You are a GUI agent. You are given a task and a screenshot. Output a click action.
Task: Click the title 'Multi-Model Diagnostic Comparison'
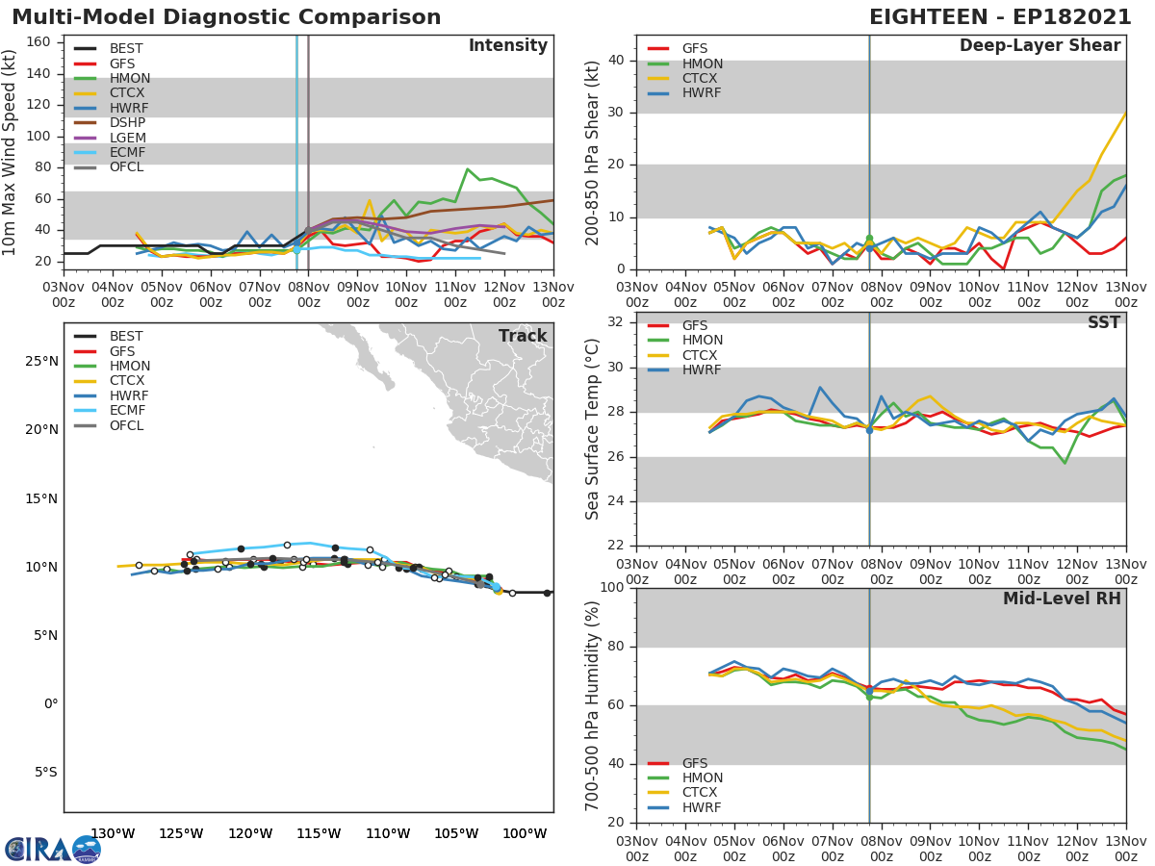[x=226, y=17]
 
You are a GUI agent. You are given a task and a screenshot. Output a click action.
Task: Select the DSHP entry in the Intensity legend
[x=127, y=123]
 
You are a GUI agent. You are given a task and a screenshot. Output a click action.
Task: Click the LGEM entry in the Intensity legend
[x=127, y=138]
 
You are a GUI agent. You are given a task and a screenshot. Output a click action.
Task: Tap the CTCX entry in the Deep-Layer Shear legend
[x=702, y=78]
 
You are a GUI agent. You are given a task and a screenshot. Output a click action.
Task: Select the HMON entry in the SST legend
[x=702, y=341]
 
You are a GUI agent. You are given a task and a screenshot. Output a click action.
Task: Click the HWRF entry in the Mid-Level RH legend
[x=702, y=807]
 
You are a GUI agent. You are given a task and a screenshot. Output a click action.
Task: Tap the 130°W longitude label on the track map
[x=112, y=833]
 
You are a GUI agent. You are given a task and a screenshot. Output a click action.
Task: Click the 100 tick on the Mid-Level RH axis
[x=610, y=588]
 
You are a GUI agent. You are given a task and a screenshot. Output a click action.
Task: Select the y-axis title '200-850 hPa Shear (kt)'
[x=593, y=152]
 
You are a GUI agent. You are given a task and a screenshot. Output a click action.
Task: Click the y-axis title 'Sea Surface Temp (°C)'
[x=593, y=429]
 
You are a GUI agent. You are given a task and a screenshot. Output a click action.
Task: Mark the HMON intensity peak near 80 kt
[x=468, y=169]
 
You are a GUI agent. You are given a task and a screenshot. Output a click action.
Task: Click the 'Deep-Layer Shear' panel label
[x=1039, y=46]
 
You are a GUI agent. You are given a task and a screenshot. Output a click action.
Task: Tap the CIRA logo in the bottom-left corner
[x=52, y=849]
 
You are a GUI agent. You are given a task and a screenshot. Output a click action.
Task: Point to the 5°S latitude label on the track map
[x=43, y=772]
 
